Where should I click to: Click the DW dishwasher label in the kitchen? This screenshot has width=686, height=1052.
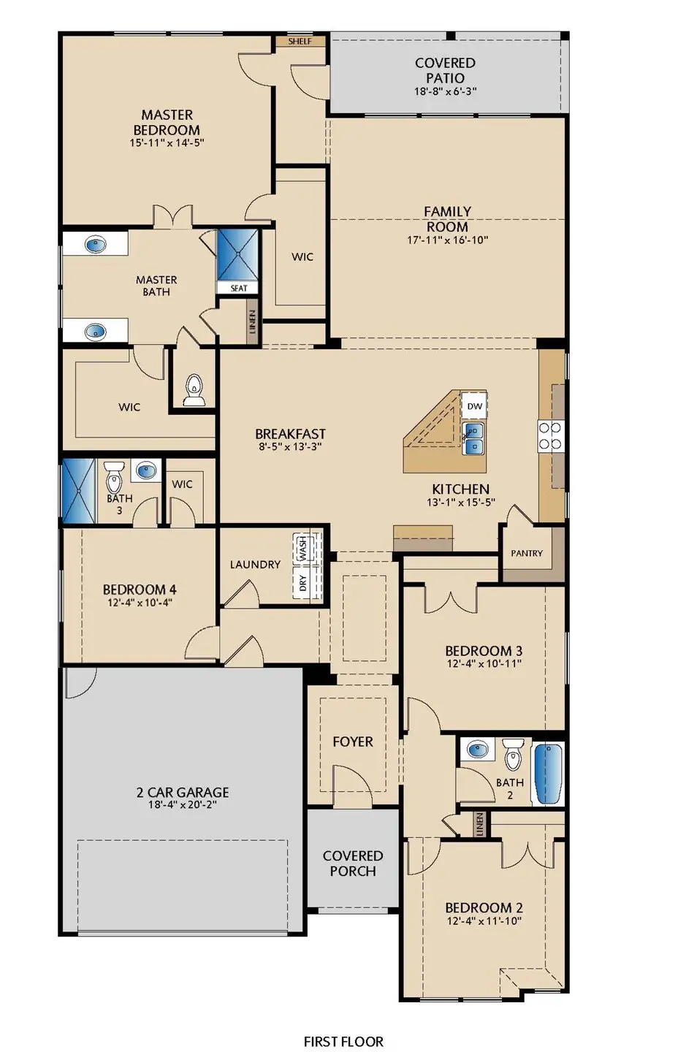tap(475, 406)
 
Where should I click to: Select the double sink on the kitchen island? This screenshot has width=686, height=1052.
tap(474, 437)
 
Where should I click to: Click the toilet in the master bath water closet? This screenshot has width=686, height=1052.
tap(194, 389)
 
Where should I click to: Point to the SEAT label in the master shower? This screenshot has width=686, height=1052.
tap(239, 288)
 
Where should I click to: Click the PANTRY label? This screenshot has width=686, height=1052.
tap(527, 553)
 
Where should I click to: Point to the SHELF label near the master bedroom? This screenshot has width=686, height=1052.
tap(300, 42)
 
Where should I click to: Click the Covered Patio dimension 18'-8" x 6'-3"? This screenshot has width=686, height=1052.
tap(445, 91)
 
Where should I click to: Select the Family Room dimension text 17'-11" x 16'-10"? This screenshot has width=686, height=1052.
tap(447, 240)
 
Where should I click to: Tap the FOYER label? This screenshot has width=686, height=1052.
tap(353, 742)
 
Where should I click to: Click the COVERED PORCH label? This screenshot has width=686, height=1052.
tap(353, 863)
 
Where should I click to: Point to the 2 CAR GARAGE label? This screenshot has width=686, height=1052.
tap(183, 792)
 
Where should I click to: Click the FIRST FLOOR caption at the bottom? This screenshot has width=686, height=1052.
tap(343, 1041)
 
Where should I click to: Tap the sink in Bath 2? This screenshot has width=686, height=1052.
tap(479, 750)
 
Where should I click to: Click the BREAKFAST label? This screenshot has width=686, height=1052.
tap(290, 434)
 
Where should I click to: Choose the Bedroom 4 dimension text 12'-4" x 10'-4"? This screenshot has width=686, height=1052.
tap(139, 603)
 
